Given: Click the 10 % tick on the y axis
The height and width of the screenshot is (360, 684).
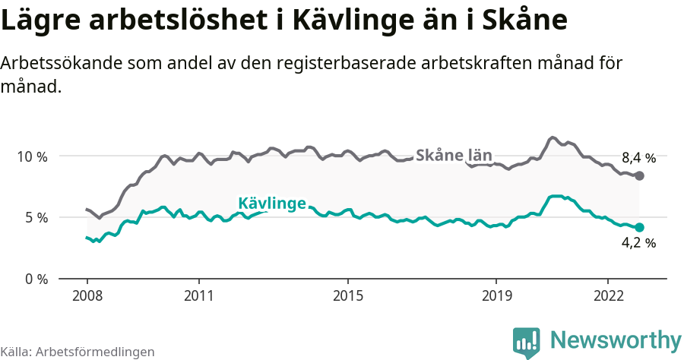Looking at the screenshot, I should [x=32, y=156].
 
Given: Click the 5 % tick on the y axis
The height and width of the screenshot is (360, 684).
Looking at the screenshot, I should [x=35, y=218].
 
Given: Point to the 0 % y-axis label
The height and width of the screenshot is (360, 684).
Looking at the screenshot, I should [x=35, y=279].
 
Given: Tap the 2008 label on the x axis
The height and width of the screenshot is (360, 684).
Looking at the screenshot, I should [x=87, y=295].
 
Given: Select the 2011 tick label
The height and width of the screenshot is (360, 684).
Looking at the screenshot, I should [x=198, y=295].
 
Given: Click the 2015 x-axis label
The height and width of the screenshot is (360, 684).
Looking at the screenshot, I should [x=347, y=295].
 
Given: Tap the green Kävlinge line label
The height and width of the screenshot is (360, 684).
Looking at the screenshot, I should [x=272, y=204].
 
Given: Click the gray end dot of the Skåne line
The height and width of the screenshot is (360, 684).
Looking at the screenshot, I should [x=639, y=176].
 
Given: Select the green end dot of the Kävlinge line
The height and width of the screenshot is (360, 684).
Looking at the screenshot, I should [x=639, y=227].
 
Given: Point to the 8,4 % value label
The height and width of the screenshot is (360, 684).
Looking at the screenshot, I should [x=638, y=159].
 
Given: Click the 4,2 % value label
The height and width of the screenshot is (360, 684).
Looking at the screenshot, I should [x=638, y=244].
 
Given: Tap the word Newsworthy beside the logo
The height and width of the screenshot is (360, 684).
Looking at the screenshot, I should [x=615, y=339].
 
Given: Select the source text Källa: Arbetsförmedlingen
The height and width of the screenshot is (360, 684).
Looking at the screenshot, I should [x=78, y=352].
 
